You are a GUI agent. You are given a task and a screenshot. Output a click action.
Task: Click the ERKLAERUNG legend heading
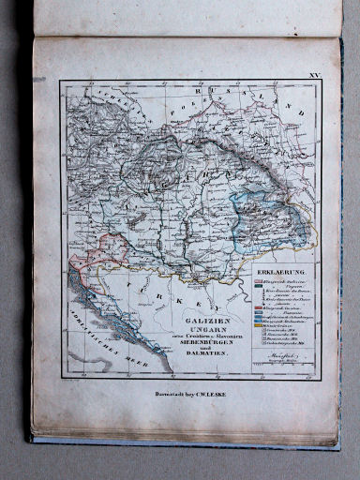tap(280, 274)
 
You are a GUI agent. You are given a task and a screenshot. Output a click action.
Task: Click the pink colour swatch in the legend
tap(259, 283)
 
